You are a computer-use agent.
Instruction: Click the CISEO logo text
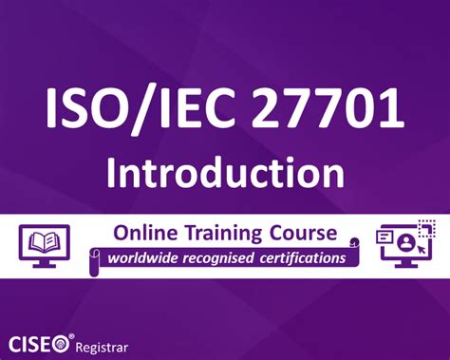coord(38,339)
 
